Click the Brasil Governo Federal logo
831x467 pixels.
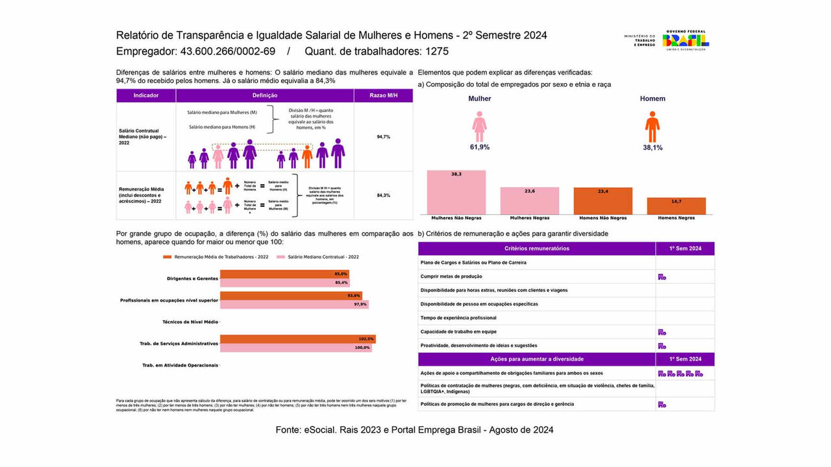pyautogui.click(x=686, y=40)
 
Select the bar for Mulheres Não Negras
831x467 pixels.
pyautogui.click(x=456, y=193)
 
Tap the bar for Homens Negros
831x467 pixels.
pyautogui.click(x=676, y=206)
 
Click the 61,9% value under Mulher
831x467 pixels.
pyautogui.click(x=479, y=147)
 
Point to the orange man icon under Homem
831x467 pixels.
pyautogui.click(x=652, y=126)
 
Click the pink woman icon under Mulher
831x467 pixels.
pyautogui.click(x=479, y=126)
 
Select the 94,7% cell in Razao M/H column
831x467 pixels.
pyautogui.click(x=383, y=137)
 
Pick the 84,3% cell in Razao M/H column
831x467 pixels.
pyautogui.click(x=383, y=195)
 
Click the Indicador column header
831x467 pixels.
pyautogui.click(x=146, y=95)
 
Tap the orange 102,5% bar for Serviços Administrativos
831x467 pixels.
pyautogui.click(x=297, y=339)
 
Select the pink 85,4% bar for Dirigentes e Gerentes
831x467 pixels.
pyautogui.click(x=284, y=282)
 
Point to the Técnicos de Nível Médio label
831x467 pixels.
pyautogui.click(x=190, y=322)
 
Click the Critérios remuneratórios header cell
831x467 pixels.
pyautogui.click(x=536, y=248)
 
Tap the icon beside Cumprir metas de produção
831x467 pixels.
pyautogui.click(x=662, y=277)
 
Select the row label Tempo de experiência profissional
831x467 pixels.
pyautogui.click(x=458, y=318)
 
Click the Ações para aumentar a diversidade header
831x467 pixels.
pyautogui.click(x=536, y=359)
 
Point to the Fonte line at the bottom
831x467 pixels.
pyautogui.click(x=414, y=429)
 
